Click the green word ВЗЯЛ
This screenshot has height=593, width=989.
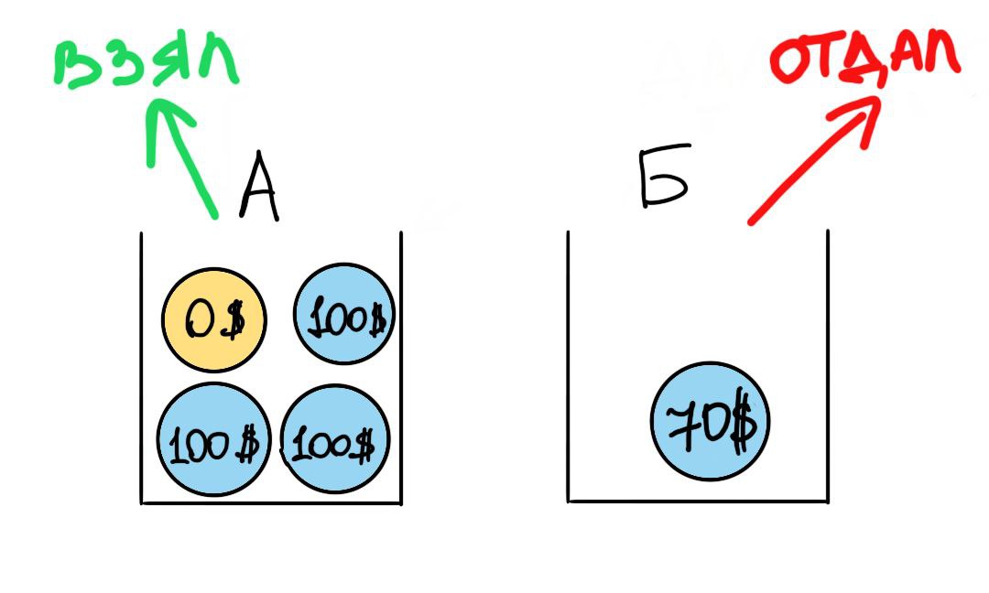(x=147, y=66)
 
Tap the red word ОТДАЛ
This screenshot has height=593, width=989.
(x=864, y=60)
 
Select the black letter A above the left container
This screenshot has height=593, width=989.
(x=258, y=190)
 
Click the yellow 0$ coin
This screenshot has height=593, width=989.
(x=214, y=320)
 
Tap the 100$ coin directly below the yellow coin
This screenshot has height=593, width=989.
(x=213, y=439)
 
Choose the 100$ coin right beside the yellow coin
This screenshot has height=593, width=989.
(x=343, y=316)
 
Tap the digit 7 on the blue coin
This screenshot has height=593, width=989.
(x=682, y=423)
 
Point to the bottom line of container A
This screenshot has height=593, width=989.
(x=271, y=502)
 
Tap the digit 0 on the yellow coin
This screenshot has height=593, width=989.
(x=200, y=320)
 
